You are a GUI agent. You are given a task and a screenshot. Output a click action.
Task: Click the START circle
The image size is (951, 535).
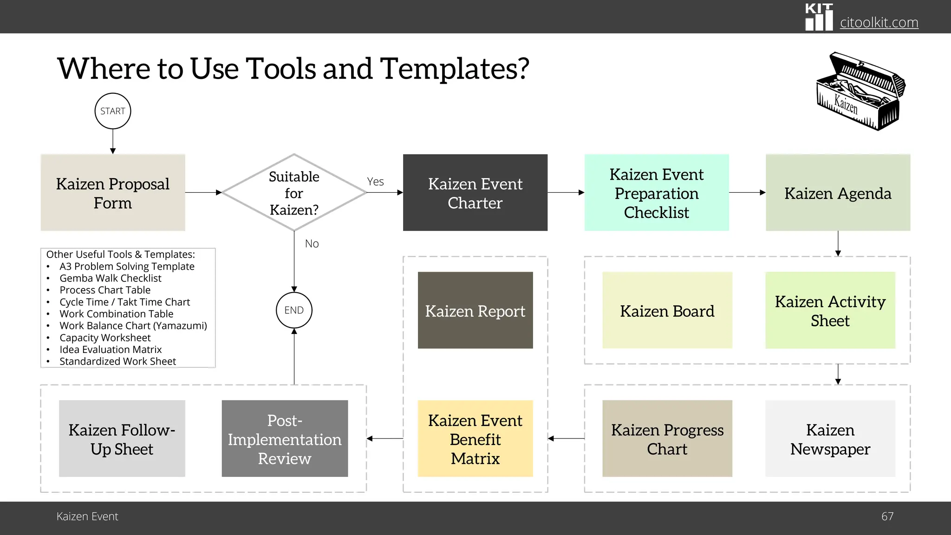[x=113, y=111]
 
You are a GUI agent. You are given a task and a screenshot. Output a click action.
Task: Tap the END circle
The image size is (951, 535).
[x=294, y=310]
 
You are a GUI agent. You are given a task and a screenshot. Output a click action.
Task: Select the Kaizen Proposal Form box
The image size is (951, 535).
[x=113, y=193]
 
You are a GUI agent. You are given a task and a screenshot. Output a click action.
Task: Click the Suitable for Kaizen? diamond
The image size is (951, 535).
[x=294, y=193]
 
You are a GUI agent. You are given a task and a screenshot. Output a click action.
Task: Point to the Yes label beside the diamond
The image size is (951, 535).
[x=375, y=182]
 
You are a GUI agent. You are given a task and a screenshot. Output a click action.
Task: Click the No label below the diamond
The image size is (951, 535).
[x=312, y=244]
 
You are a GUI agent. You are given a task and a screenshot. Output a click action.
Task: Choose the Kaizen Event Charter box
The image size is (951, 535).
[x=475, y=193]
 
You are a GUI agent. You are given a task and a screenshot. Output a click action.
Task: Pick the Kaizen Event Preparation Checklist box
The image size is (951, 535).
[x=657, y=193]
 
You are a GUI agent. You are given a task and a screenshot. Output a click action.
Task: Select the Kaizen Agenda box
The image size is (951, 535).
[x=838, y=193]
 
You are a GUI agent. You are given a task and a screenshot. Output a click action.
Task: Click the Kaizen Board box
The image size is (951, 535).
[x=667, y=310]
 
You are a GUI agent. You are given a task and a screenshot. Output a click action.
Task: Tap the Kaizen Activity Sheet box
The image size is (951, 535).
[x=830, y=310]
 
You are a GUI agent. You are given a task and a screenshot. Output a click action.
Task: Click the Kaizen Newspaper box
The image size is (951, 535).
[x=830, y=439]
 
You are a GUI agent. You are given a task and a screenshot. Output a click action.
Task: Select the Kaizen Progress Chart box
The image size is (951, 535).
[x=667, y=439]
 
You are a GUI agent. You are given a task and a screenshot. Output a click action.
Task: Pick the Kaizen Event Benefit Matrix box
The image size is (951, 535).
[x=475, y=439]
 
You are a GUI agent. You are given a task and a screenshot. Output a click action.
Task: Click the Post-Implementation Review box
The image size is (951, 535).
[x=285, y=439]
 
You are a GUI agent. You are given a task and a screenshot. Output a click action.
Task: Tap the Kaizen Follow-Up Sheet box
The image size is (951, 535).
[x=122, y=439]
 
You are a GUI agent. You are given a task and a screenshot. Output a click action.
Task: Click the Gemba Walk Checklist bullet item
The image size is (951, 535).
[x=111, y=278]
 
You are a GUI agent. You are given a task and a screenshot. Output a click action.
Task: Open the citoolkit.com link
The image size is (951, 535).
[x=879, y=22]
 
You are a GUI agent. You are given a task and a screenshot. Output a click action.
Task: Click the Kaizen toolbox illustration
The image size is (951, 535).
[x=860, y=91]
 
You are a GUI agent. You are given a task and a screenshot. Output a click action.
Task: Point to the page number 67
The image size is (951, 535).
[x=887, y=516]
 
